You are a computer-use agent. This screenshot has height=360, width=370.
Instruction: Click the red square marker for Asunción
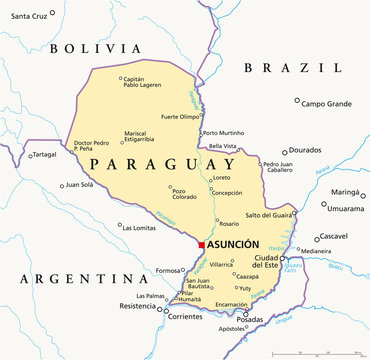(201, 245)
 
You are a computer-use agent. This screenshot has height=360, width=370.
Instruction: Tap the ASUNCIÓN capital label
(233, 245)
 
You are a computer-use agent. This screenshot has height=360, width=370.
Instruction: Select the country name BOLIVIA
(96, 48)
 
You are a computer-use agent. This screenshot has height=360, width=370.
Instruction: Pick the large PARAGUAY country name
(159, 163)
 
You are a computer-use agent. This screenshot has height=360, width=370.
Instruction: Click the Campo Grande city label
(326, 103)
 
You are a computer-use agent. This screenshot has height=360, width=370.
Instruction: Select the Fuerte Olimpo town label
(182, 117)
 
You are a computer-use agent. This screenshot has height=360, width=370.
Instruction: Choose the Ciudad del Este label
(273, 262)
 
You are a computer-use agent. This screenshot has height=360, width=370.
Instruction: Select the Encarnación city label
(231, 304)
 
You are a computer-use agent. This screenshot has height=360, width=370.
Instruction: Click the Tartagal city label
(45, 155)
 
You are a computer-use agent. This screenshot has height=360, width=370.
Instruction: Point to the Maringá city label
(344, 191)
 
